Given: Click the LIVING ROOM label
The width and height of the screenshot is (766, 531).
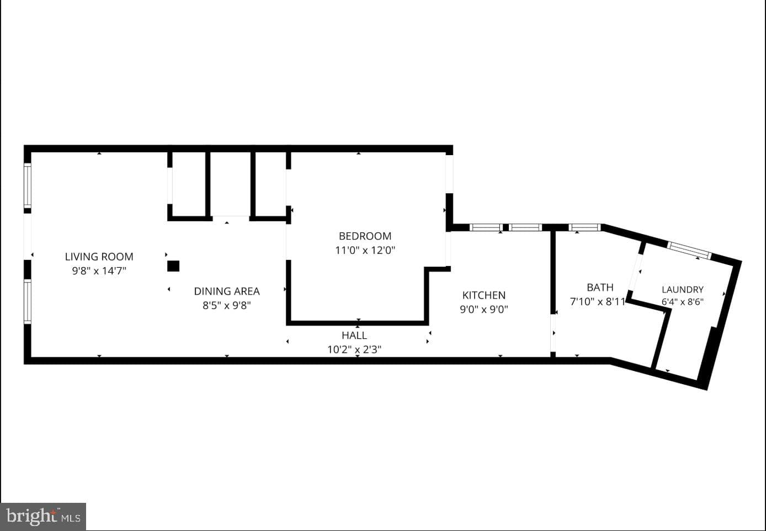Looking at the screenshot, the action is point(99,257).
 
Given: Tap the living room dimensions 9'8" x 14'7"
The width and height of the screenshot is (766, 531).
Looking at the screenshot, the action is point(99,271).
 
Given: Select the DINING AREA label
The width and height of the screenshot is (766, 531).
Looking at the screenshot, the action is point(227,291).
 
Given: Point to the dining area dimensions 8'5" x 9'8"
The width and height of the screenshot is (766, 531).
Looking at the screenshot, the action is point(227,305).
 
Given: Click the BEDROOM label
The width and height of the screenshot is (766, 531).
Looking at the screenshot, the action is point(365,236).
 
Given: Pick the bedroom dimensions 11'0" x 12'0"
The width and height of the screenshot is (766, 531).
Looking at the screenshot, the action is point(365,250).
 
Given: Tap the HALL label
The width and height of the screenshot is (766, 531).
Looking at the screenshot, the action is point(354,336).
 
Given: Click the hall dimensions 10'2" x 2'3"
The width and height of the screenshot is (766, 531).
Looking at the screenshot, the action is point(354,349).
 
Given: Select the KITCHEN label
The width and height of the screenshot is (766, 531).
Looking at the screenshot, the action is point(484,295).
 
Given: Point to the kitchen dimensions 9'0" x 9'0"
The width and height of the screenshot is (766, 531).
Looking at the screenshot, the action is point(484,309).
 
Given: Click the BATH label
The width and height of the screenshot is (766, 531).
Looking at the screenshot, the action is point(600,287).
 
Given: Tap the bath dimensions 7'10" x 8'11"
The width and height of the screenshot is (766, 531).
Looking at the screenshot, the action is point(598,301).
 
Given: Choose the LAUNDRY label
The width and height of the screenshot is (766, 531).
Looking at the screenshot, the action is point(683,290).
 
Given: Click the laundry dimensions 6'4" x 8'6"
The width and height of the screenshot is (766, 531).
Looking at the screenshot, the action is point(683,301).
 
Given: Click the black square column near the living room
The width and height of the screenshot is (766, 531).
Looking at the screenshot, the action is point(173,266).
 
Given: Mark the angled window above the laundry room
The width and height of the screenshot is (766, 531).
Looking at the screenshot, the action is point(689,250).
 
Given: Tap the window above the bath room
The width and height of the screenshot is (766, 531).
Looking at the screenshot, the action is point(585,227).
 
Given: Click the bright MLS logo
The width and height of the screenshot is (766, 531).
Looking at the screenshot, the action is point(43,516).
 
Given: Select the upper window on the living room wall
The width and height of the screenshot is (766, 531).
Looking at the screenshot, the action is point(28,185).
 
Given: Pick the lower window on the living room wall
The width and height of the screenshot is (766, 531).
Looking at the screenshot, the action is point(28,301).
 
